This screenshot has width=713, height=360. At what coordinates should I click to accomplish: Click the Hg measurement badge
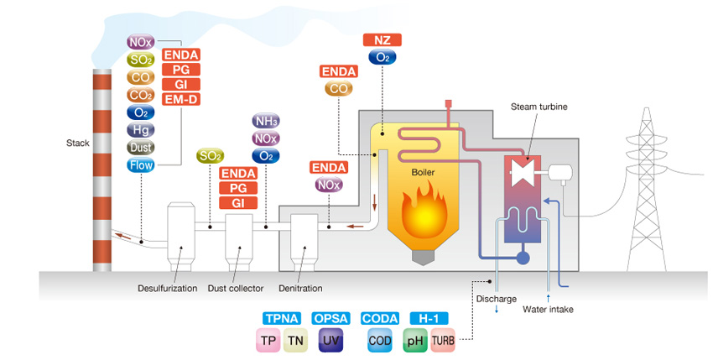click(x=139, y=129)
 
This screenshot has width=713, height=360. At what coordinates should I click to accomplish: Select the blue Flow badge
click(x=139, y=164)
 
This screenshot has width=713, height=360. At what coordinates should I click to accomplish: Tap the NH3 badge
click(x=266, y=122)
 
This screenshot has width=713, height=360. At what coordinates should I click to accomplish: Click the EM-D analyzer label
click(x=180, y=100)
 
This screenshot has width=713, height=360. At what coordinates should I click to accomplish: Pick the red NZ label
click(x=382, y=39)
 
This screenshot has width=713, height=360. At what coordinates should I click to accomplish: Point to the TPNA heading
click(x=278, y=319)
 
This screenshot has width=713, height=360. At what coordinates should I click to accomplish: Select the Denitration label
click(x=300, y=289)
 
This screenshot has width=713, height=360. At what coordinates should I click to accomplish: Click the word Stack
click(x=77, y=143)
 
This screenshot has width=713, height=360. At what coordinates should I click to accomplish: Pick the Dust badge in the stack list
click(x=139, y=147)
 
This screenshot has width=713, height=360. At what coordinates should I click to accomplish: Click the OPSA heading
click(x=330, y=319)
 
